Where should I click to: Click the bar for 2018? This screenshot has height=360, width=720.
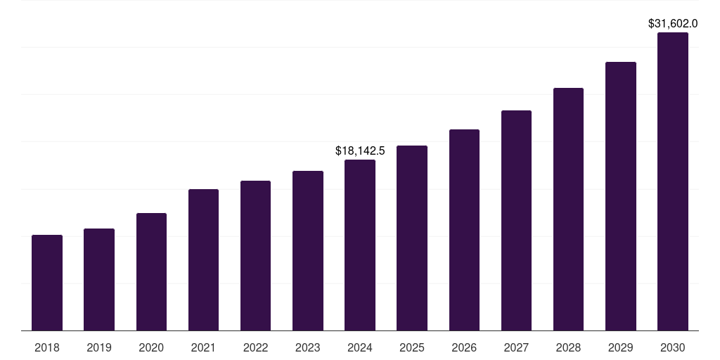click(x=47, y=283)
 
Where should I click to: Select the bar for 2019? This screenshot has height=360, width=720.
click(x=99, y=279)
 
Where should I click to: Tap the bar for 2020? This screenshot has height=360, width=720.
click(x=151, y=271)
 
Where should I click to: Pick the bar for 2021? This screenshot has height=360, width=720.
click(x=203, y=259)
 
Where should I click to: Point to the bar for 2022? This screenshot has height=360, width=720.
click(x=255, y=255)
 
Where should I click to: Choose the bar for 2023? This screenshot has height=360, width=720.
click(x=308, y=250)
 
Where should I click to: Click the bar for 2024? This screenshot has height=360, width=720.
click(x=360, y=245)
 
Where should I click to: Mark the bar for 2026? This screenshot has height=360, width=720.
click(x=464, y=230)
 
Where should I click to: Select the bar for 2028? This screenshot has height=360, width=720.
click(x=568, y=209)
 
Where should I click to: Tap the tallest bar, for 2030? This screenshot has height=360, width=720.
click(x=673, y=181)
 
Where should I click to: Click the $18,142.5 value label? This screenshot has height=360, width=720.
click(x=360, y=150)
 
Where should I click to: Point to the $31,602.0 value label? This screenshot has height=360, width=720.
click(x=673, y=23)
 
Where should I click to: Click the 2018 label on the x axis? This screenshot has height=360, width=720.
click(x=47, y=347)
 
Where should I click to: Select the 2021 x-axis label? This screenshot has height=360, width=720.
click(x=203, y=347)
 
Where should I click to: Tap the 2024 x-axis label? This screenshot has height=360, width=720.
click(x=360, y=347)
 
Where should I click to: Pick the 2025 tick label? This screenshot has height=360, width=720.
click(x=412, y=347)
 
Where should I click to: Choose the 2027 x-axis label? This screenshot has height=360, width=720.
click(x=516, y=347)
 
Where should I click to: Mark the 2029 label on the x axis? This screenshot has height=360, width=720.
click(x=621, y=347)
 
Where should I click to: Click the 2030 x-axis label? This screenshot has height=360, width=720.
click(x=673, y=347)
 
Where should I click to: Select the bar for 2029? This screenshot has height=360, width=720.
click(x=621, y=196)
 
